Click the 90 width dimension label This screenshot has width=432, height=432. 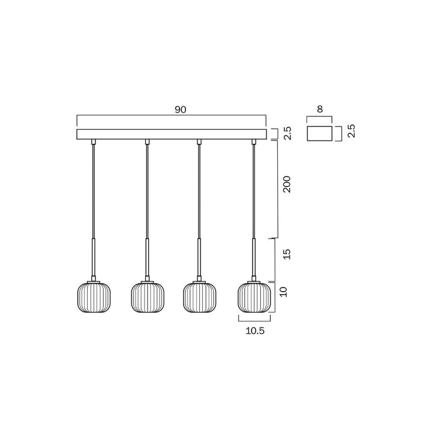pyautogui.click(x=180, y=109)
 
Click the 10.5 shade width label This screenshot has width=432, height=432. pyautogui.click(x=254, y=330)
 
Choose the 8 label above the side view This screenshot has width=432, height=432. pyautogui.click(x=320, y=109)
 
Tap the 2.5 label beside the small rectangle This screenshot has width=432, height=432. pyautogui.click(x=352, y=131)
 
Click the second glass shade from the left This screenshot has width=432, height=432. pyautogui.click(x=148, y=297)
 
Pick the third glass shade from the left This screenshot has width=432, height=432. pyautogui.click(x=200, y=297)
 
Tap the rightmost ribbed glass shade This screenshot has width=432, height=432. pyautogui.click(x=254, y=297)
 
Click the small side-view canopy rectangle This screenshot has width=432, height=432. pyautogui.click(x=320, y=133)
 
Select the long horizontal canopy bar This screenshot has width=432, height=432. pyautogui.click(x=171, y=134)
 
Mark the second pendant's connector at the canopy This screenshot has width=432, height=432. pyautogui.click(x=147, y=142)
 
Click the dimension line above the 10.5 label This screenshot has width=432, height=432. pyautogui.click(x=254, y=319)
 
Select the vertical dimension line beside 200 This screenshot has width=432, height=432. pyautogui.click(x=278, y=189)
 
